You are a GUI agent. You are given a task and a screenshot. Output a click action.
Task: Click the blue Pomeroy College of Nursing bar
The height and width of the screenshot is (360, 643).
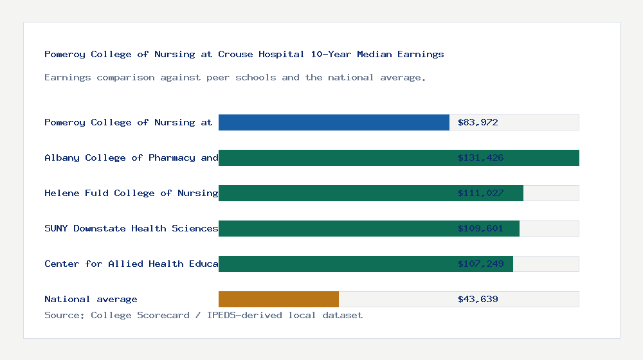coord(334,122)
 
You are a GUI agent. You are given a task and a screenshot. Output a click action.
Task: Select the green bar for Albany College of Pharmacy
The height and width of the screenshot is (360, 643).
coord(399,157)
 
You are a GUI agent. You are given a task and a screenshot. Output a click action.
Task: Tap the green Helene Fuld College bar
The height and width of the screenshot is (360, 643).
coord(370,193)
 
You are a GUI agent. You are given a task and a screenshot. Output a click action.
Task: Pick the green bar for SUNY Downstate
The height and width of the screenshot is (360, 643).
coord(368,228)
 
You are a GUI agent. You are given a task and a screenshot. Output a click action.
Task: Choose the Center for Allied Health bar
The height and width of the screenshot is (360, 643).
coord(365,264)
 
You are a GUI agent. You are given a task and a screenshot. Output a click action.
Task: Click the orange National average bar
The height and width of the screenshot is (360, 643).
coord(278,299)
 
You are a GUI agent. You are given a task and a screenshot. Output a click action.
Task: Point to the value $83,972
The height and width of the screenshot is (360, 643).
coord(478,122)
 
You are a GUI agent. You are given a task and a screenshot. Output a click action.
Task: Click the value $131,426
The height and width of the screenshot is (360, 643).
coord(480,157)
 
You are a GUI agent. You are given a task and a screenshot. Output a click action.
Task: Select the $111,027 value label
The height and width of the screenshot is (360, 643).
coord(480,193)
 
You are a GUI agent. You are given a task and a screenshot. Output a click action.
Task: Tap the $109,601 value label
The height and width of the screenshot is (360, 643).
coord(480,228)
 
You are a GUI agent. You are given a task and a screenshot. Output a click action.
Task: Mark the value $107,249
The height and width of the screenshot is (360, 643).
coord(480,264)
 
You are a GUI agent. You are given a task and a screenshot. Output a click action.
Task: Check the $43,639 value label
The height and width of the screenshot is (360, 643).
coord(478,299)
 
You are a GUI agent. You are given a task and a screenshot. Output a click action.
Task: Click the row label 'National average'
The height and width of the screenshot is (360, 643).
coord(91,299)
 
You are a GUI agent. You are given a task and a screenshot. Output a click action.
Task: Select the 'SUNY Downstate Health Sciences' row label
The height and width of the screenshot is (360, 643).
coord(131,228)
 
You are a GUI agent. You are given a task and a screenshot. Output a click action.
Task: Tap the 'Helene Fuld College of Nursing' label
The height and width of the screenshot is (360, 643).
coord(131,193)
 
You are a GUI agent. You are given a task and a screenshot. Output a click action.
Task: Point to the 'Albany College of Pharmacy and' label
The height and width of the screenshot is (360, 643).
coord(131,157)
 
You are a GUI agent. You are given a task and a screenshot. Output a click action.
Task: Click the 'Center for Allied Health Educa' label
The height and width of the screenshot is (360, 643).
coord(131,264)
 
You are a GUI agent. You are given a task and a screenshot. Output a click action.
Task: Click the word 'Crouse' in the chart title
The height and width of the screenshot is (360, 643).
coord(235,54)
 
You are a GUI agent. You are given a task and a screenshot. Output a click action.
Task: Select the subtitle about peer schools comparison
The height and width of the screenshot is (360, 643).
coord(235,77)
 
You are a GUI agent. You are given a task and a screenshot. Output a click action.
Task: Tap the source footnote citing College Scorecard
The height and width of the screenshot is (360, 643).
coord(203,315)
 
